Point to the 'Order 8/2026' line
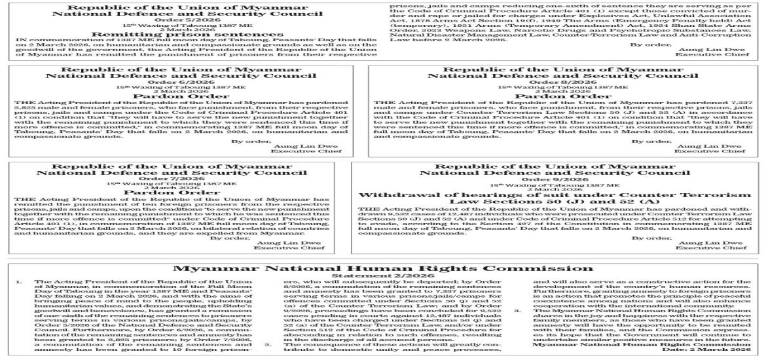point(564,81)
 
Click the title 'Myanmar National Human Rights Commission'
point(383,268)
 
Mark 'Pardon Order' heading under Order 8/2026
point(564,96)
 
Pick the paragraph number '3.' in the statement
point(515,310)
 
